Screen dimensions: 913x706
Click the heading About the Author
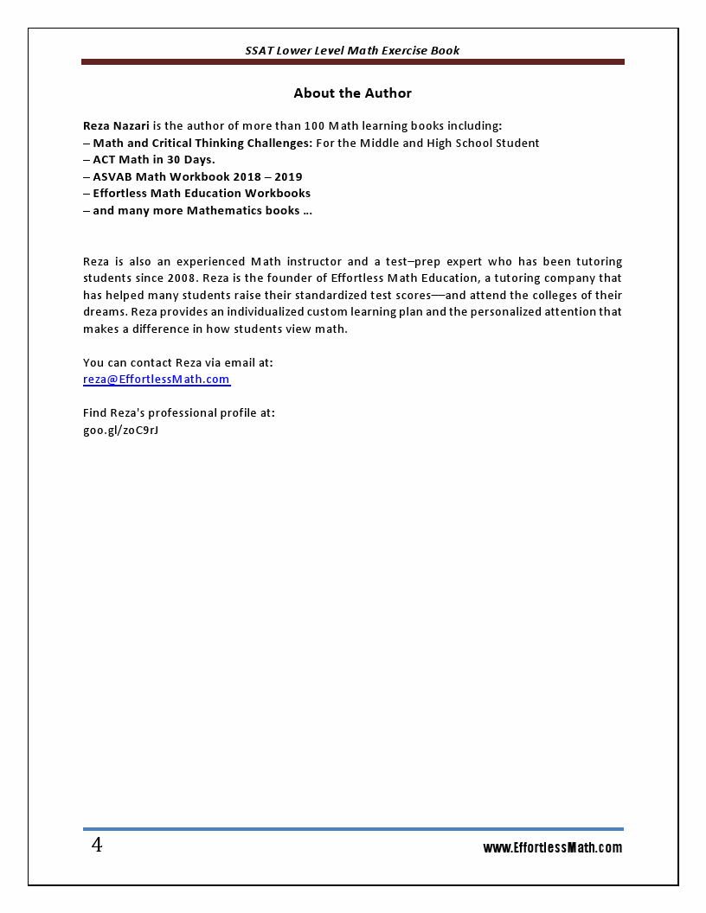[352, 93]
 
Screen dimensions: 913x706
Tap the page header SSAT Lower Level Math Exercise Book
[352, 50]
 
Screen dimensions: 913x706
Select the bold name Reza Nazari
[116, 126]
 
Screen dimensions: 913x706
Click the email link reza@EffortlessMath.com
[157, 380]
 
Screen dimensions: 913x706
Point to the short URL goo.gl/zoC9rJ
[120, 430]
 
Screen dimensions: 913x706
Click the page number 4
[97, 846]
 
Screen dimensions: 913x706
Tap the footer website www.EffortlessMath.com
[552, 848]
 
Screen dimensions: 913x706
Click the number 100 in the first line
[314, 126]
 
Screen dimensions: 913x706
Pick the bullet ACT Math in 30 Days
[154, 160]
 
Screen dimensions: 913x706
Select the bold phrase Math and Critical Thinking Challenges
[202, 144]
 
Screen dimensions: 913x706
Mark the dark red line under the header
[352, 62]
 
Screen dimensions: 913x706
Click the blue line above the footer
[352, 829]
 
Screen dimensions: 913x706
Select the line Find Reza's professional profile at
[179, 413]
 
